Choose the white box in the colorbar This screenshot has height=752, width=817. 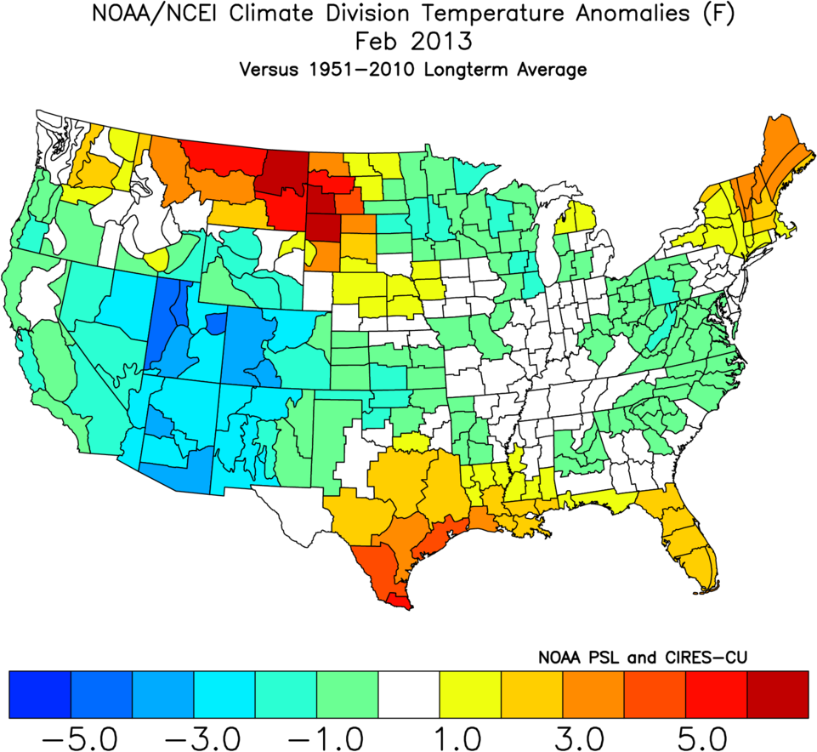point(409,693)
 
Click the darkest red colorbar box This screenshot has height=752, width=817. point(778,693)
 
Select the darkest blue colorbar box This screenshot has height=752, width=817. point(39,693)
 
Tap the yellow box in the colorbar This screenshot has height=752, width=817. point(470,693)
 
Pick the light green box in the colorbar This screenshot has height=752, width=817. point(347,693)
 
